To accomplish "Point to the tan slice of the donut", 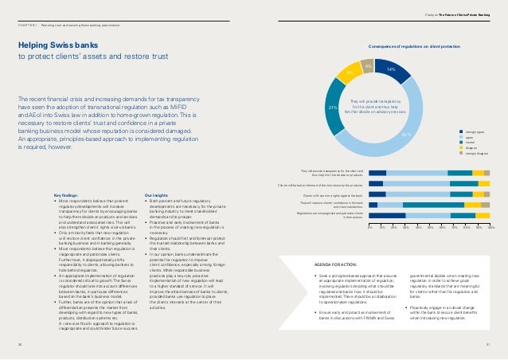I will tap(366, 65).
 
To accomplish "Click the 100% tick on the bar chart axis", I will tap(490, 227).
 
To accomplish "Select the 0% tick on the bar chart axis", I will tap(369, 227).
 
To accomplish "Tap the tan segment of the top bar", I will tap(487, 172).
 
